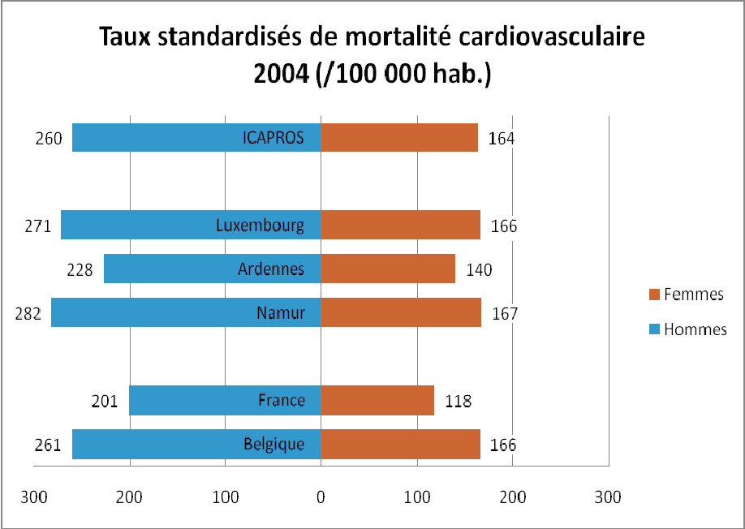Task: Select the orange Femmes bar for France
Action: (377, 400)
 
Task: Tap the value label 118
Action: (459, 401)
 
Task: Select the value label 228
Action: (80, 269)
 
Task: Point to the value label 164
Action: (502, 138)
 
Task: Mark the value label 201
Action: (105, 401)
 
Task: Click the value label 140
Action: (480, 270)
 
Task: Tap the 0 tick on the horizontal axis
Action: (321, 495)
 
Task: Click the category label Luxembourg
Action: (260, 226)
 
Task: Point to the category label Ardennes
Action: (272, 269)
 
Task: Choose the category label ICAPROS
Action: (273, 137)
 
